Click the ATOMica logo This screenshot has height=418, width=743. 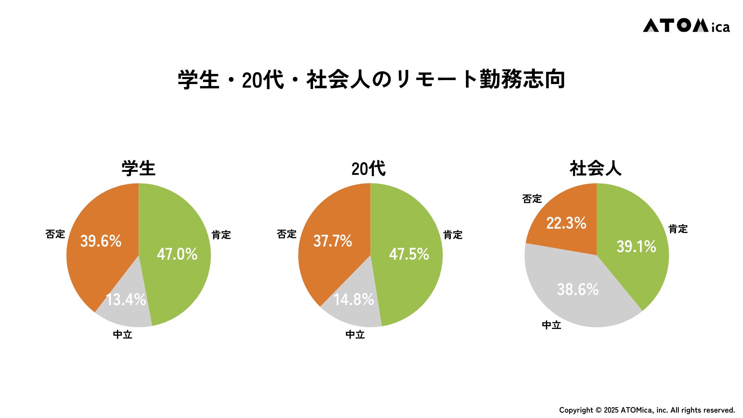[x=686, y=26]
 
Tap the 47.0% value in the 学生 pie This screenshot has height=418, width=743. [x=177, y=254]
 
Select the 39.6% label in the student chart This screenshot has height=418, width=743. [x=101, y=241]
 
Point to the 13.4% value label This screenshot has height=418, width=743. [x=126, y=300]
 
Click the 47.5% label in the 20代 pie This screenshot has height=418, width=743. [x=409, y=254]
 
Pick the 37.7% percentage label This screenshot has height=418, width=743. [x=332, y=241]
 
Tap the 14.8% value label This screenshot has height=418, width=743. [x=354, y=300]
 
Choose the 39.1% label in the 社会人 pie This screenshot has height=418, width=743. [x=636, y=247]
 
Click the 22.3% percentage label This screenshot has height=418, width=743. [x=566, y=223]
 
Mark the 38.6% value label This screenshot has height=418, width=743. [x=578, y=290]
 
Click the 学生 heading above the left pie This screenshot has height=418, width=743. [x=139, y=169]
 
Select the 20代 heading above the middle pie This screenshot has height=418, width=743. [x=368, y=169]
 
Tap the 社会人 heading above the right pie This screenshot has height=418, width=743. [x=596, y=169]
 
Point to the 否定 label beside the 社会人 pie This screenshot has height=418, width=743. [x=532, y=199]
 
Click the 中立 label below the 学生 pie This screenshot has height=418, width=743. [x=123, y=335]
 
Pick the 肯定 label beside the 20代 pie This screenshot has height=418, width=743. [x=453, y=235]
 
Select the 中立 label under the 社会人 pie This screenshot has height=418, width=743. [x=551, y=325]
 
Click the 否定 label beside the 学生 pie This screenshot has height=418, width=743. [x=55, y=234]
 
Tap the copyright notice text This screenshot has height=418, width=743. [x=647, y=410]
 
